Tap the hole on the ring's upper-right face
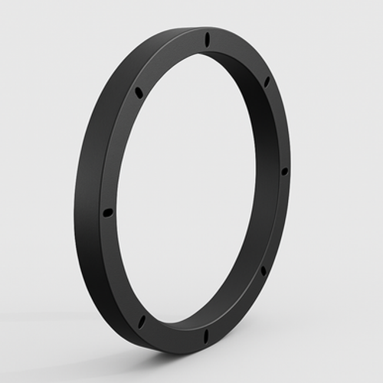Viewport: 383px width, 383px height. click(x=267, y=80)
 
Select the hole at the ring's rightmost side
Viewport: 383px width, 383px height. click(x=284, y=170)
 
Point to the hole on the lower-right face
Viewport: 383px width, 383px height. click(x=264, y=270)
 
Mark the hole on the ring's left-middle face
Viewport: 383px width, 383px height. click(x=107, y=211)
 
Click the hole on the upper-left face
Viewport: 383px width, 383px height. click(x=139, y=93)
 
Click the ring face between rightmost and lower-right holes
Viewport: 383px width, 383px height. click(x=279, y=222)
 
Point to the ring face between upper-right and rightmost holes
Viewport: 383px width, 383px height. click(x=280, y=123)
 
